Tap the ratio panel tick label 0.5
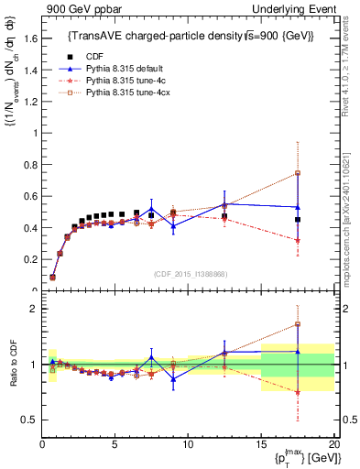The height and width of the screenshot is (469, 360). click(28, 420)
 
